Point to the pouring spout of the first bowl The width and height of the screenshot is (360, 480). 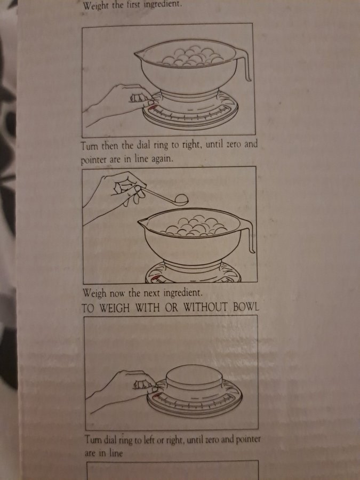[139, 54]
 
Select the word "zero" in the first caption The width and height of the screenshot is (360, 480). [234, 144]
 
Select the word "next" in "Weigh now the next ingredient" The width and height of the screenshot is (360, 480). [152, 293]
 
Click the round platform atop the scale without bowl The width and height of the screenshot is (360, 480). [194, 376]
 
